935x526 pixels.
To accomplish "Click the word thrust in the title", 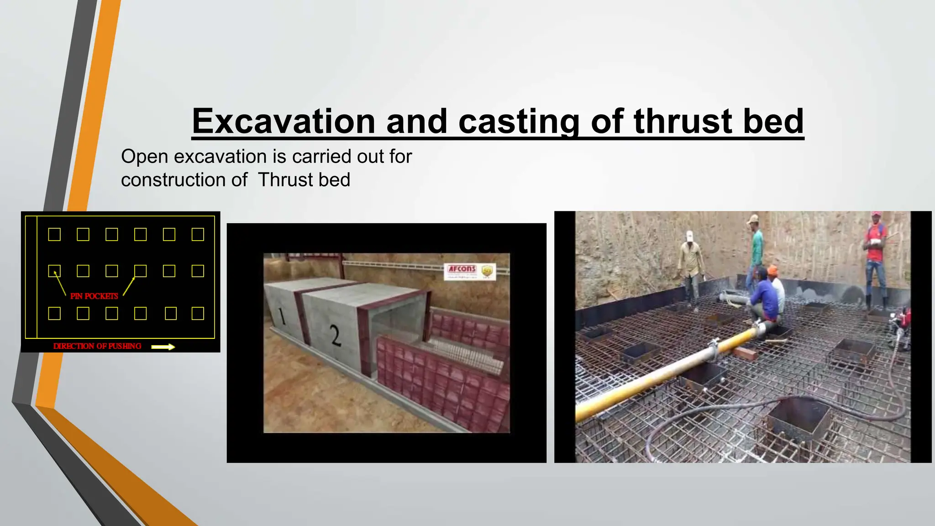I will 682,121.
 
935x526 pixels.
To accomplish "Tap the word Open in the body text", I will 144,157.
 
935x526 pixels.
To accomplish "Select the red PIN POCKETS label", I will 94,296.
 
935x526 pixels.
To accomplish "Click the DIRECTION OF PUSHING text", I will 97,346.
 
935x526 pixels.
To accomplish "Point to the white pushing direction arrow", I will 163,347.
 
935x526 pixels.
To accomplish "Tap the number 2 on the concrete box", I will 336,337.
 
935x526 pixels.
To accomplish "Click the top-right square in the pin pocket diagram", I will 198,234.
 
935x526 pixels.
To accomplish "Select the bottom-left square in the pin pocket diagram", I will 54,313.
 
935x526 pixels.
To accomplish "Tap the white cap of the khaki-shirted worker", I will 689,235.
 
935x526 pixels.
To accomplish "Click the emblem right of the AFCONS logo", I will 488,272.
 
